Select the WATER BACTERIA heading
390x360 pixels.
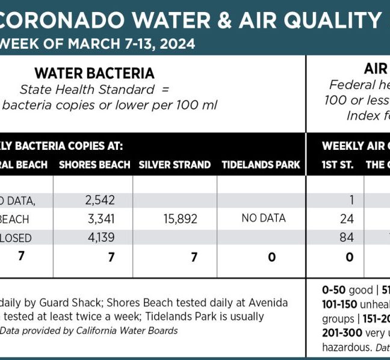tap(94, 73)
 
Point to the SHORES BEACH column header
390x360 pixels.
tap(94, 164)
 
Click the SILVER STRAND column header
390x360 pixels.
tap(175, 164)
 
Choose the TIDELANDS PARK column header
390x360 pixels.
tap(261, 164)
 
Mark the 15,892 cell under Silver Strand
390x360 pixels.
tap(180, 219)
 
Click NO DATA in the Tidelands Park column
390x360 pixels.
tap(263, 218)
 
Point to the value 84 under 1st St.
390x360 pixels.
tap(347, 238)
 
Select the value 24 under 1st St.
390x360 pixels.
tap(347, 219)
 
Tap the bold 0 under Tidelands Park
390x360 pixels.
tap(272, 257)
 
